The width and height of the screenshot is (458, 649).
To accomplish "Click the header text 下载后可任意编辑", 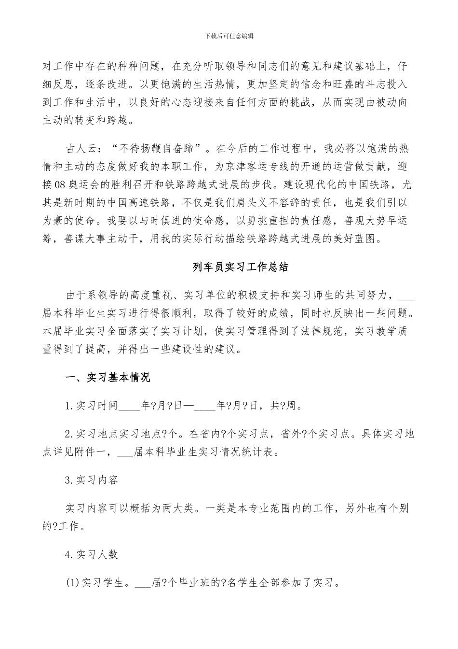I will pyautogui.click(x=229, y=36).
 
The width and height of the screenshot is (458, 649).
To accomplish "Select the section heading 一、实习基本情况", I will pyautogui.click(x=108, y=377).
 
